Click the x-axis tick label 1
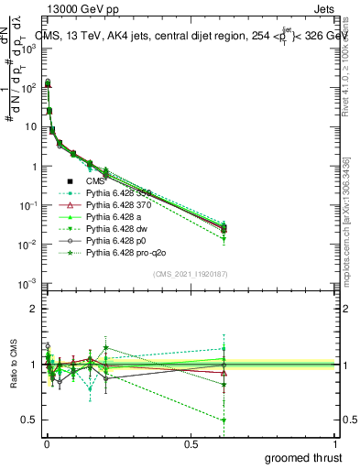pos(333,444)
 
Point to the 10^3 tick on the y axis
pos(29,49)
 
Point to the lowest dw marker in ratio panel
pos(224,420)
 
